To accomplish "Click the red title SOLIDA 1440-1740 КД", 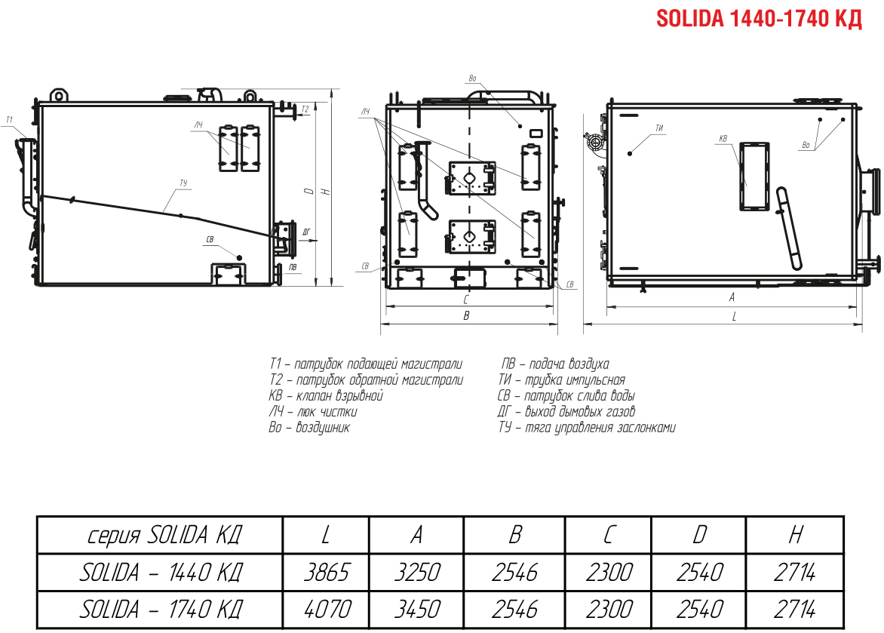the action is (759, 19).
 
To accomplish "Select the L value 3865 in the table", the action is (327, 573).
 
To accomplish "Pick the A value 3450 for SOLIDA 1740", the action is (416, 610).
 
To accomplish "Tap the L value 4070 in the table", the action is (327, 610).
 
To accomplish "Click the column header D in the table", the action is (699, 535).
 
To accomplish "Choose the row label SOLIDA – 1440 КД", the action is (161, 573).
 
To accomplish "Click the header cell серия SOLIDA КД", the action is (164, 535).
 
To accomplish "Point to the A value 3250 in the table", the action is (416, 573).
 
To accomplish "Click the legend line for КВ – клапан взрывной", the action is (326, 395).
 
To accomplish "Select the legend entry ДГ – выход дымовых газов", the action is (566, 411).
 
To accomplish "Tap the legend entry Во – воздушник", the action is (309, 427).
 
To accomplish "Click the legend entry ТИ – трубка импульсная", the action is (561, 379).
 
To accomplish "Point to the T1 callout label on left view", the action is (9, 120).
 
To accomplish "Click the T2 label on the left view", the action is (305, 109).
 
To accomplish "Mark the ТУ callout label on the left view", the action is (183, 183).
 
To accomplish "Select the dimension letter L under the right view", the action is (734, 317).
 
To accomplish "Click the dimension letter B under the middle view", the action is (466, 316).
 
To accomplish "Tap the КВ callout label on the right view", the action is (723, 138).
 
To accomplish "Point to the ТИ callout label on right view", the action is (660, 128).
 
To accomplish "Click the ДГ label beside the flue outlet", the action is (307, 232).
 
